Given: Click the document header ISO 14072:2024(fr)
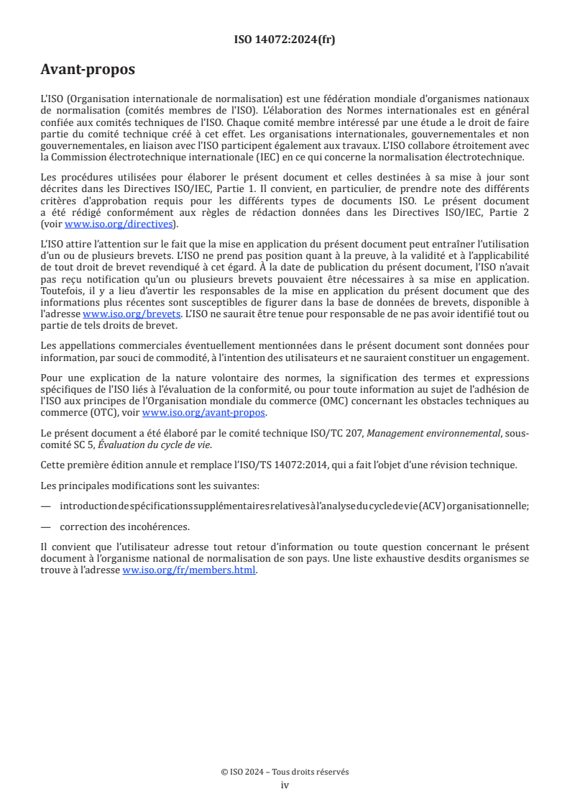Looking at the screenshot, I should click(x=285, y=40).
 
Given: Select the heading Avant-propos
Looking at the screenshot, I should click(x=88, y=70).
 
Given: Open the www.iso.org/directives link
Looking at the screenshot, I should click(x=120, y=224).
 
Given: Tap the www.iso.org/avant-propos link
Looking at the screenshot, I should click(x=204, y=412).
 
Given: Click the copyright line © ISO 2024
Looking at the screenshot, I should click(x=285, y=772).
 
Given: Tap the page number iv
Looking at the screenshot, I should click(x=285, y=785).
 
